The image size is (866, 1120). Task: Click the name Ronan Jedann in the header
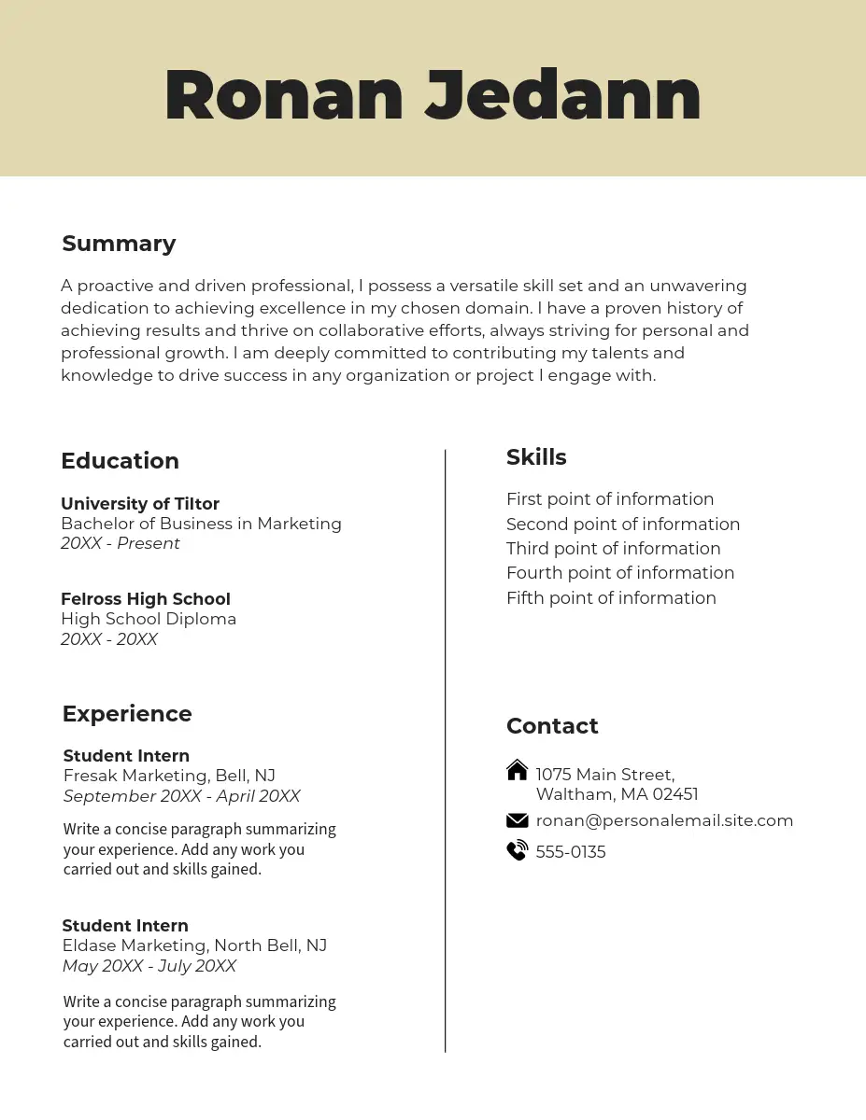click(433, 95)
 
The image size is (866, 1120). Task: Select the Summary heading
click(119, 244)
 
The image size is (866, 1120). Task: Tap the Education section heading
click(120, 461)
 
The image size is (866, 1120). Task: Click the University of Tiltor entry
click(140, 504)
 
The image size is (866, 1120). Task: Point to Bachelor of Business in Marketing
click(201, 524)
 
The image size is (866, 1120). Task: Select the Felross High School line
click(145, 599)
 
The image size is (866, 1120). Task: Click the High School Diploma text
click(149, 619)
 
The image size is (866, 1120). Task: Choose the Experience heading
click(127, 714)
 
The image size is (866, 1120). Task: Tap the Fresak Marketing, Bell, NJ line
click(169, 776)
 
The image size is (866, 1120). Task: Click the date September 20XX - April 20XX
click(181, 796)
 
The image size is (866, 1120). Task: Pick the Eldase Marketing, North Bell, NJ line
click(194, 945)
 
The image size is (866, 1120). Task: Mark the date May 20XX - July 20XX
click(149, 966)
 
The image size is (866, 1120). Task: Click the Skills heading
click(536, 457)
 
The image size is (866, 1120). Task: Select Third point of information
click(613, 549)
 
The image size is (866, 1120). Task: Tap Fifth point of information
click(611, 598)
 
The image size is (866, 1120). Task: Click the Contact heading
click(552, 726)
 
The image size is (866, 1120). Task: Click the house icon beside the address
click(517, 770)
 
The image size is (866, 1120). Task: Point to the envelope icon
click(517, 820)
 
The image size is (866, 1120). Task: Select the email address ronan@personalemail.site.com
click(664, 820)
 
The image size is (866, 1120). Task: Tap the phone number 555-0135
click(571, 852)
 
